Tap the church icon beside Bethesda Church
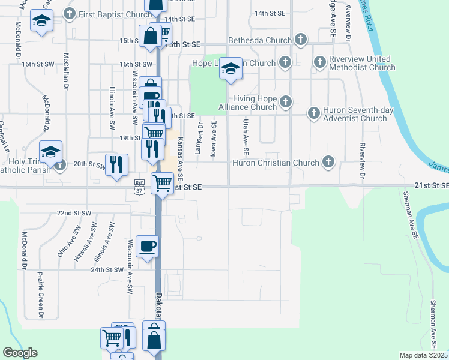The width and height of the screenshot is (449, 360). (301, 41)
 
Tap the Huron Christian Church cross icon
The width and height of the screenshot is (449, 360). (328, 161)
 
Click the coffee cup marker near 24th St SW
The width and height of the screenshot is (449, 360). (148, 246)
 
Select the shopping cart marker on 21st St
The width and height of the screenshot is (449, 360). (162, 184)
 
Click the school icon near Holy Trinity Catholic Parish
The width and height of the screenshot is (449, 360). (51, 151)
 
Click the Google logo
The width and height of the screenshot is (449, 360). (20, 353)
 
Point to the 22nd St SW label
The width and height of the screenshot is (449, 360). (74, 213)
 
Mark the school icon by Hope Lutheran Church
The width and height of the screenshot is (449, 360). (230, 68)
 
